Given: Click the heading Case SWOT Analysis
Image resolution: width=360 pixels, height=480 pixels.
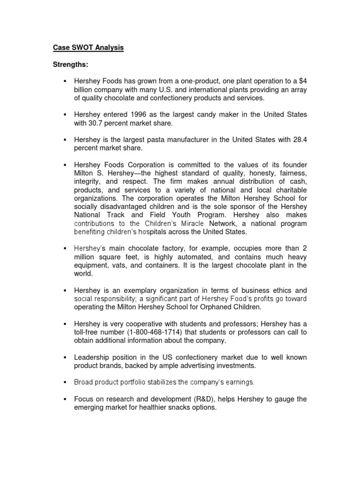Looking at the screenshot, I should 88,48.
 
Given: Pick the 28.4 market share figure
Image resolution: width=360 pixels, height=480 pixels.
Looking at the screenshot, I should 299,140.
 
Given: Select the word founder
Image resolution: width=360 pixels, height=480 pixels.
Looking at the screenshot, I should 294,165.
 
